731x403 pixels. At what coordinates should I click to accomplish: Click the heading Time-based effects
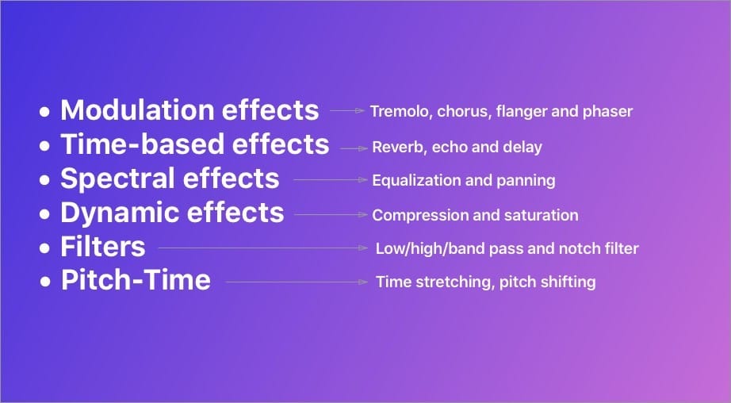pyautogui.click(x=194, y=144)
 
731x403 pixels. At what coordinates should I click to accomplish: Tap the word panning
pyautogui.click(x=526, y=181)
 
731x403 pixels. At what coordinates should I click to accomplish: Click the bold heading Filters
pyautogui.click(x=103, y=247)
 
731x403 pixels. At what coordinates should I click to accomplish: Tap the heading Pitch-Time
pyautogui.click(x=136, y=281)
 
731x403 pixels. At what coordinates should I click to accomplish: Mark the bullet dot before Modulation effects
pyautogui.click(x=45, y=111)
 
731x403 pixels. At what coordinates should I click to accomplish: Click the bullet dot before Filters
pyautogui.click(x=45, y=248)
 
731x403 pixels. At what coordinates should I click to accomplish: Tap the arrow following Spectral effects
pyautogui.click(x=329, y=180)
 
